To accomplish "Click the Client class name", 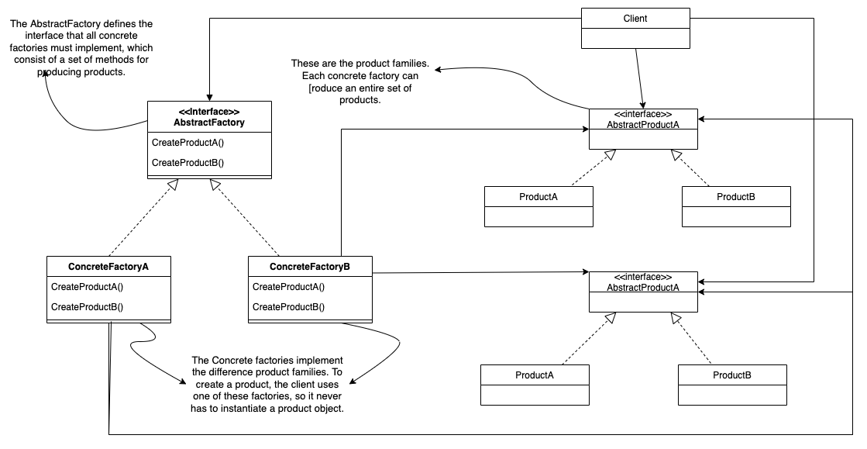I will [x=635, y=18].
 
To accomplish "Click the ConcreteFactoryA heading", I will [x=108, y=267].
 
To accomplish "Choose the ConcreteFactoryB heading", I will [x=309, y=267].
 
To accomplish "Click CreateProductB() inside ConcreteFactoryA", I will [x=87, y=306].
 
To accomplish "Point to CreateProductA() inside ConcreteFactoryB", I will [x=288, y=286].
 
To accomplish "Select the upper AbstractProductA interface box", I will [x=642, y=128].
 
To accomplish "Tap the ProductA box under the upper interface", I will [x=538, y=206].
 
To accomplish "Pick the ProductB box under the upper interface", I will [x=735, y=206].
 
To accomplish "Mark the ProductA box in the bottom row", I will [x=534, y=384].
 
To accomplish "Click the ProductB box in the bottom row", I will [x=731, y=384].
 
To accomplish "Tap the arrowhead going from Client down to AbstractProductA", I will [x=643, y=105].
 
